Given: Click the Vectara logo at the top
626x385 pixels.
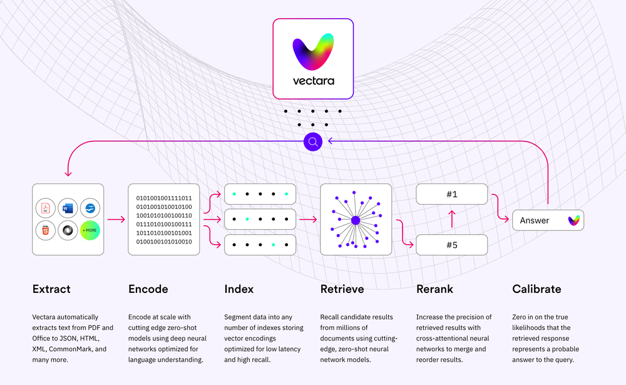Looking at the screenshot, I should tap(314, 58).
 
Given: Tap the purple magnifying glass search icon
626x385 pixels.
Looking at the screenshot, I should tap(313, 141).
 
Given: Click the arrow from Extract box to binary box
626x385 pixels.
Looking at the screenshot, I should tap(116, 220).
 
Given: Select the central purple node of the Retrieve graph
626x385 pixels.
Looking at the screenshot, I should tap(356, 220).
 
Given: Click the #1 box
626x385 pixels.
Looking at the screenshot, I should tap(452, 194).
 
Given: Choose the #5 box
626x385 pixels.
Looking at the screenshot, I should tap(452, 244).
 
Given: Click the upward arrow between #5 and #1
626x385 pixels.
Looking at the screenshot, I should tap(452, 219).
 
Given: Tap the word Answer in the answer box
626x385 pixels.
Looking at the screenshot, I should tap(535, 220).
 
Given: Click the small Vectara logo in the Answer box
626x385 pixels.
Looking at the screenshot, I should tap(573, 220).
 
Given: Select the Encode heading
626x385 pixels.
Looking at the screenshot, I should tap(148, 289).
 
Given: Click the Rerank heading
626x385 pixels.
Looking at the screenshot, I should tap(434, 289).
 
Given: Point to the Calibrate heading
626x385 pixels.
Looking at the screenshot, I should tap(536, 289).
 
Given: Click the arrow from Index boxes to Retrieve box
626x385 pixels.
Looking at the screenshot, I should tap(307, 220).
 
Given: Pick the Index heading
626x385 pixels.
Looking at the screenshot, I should tap(239, 289).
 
